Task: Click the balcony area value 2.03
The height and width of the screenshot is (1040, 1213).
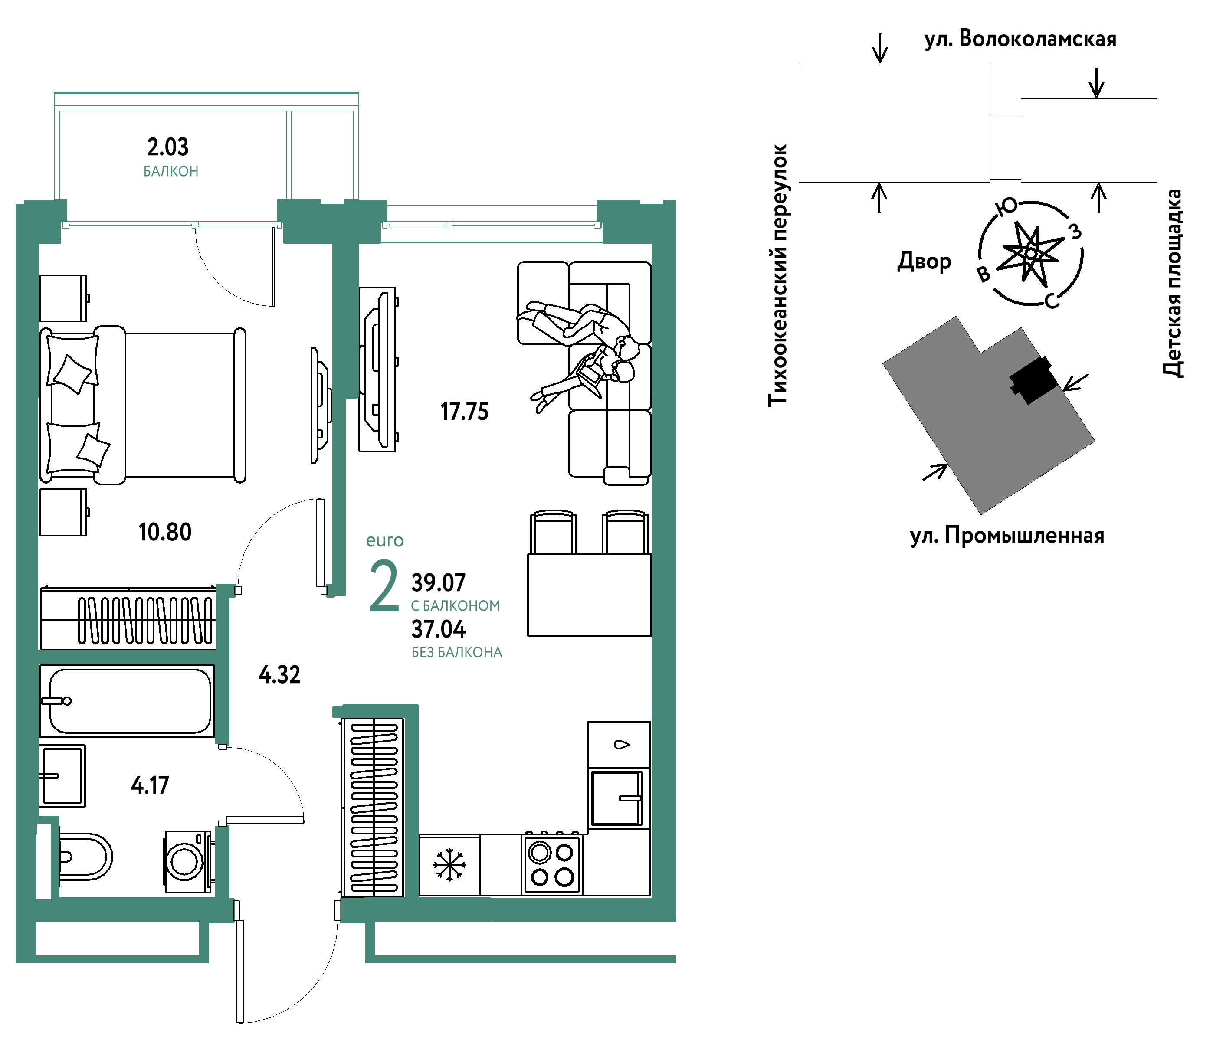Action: (x=167, y=147)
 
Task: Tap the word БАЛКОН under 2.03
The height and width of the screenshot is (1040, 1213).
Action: (x=171, y=171)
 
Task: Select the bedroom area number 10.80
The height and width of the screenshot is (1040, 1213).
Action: (x=165, y=532)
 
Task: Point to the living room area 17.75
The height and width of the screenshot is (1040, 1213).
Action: (x=464, y=412)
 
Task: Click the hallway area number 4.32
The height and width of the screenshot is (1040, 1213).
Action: (x=279, y=675)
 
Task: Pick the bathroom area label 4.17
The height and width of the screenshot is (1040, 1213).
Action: (x=150, y=785)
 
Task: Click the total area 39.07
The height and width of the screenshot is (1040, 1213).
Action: (x=439, y=582)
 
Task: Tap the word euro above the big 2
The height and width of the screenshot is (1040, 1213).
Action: (x=385, y=540)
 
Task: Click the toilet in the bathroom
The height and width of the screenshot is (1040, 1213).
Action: (x=85, y=857)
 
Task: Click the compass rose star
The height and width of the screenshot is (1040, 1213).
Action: (x=1030, y=253)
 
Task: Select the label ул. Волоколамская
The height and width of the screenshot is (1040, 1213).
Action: (x=1020, y=39)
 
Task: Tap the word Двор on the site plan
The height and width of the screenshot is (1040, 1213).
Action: (x=925, y=261)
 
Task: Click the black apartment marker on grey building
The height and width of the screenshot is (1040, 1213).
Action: (x=1034, y=380)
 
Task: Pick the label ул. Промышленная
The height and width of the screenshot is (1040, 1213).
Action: (x=1007, y=536)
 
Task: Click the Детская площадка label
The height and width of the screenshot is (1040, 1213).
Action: (x=1172, y=283)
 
